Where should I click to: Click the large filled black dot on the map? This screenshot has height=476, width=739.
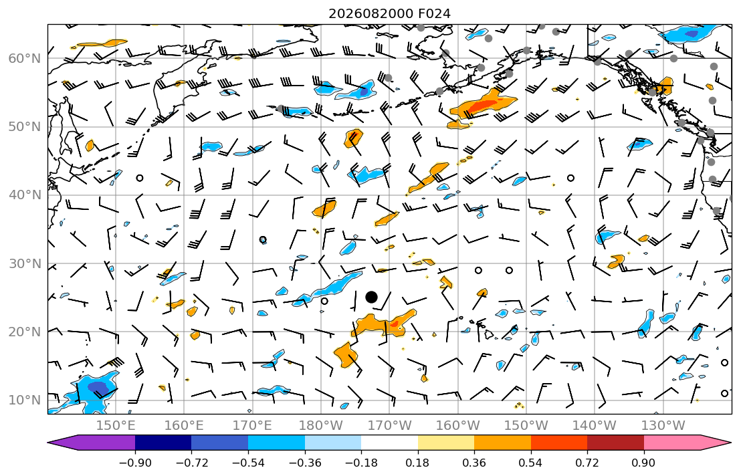371,297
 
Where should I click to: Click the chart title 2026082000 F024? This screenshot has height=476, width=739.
389,13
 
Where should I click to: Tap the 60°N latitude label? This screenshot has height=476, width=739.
25,58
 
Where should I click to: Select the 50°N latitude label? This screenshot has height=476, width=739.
25,127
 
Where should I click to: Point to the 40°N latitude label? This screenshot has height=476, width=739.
25,195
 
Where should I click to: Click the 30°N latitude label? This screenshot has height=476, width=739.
25,263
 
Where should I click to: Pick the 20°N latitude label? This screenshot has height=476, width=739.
25,332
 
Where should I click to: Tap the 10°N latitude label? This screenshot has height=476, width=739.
25,400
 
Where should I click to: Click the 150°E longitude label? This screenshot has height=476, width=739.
116,426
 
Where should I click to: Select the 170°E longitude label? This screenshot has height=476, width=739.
253,426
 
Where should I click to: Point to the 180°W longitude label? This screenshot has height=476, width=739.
321,426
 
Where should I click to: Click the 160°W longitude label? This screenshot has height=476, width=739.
457,426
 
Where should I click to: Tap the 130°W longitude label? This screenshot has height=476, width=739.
663,426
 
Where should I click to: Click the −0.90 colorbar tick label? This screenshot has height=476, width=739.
135,463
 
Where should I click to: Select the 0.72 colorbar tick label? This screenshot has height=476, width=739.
587,463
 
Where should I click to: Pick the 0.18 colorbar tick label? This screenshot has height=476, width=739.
417,463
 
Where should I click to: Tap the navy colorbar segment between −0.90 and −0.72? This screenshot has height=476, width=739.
163,443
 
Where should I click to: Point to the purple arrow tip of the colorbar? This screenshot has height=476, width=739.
49,443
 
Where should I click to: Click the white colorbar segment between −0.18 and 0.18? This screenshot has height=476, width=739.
389,443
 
